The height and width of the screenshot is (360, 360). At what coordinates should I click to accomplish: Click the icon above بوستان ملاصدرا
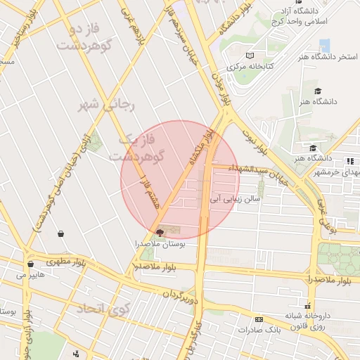click(160, 232)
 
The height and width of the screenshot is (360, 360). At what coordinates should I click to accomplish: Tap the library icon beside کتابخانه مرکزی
click(251, 56)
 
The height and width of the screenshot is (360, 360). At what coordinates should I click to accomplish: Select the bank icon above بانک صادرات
click(259, 319)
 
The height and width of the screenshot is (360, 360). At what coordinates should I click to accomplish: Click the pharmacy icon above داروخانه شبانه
click(308, 305)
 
